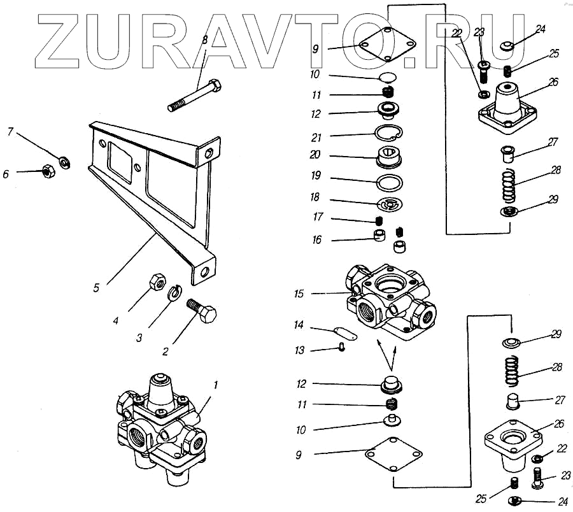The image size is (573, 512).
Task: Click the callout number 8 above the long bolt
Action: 204,40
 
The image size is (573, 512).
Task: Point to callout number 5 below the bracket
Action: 96,287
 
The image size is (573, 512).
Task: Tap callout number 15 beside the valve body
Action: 299,294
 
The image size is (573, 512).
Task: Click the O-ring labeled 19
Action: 388,183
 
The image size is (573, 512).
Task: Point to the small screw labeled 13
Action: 342,347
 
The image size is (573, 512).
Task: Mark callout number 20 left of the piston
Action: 299,155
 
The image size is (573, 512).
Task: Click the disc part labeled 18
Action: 388,205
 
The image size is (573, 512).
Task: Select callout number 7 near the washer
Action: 10,132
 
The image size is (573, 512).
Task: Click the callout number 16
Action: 299,240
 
